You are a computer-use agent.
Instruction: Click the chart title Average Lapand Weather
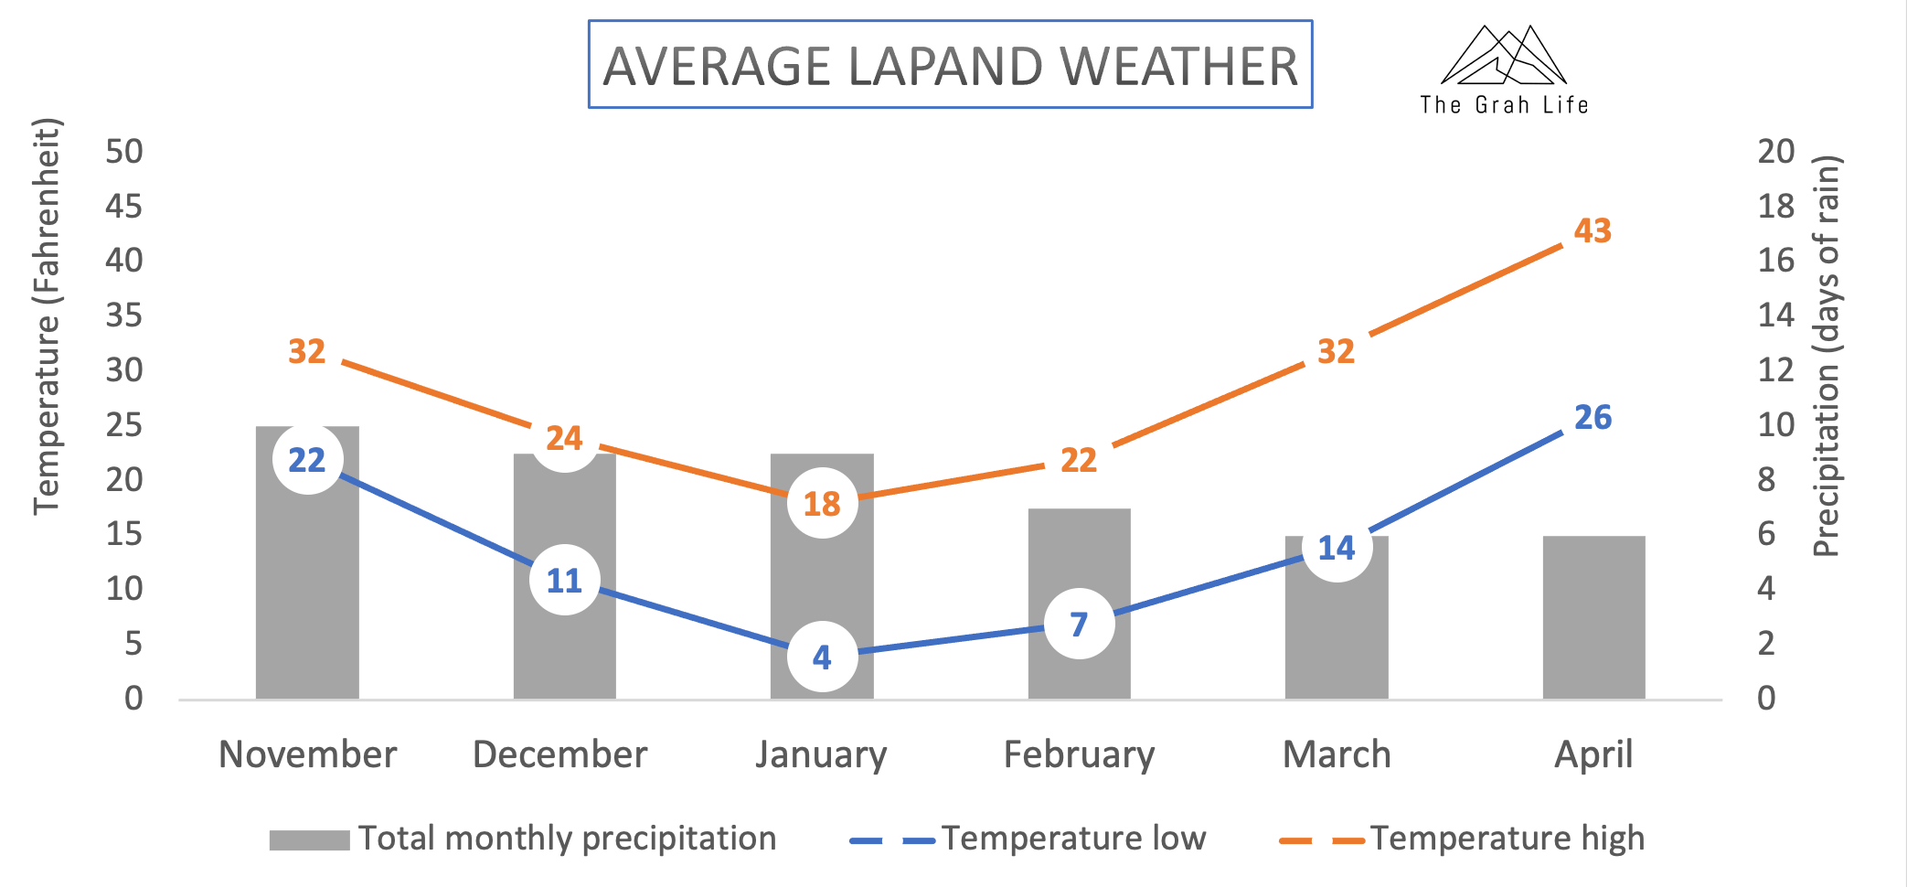950,66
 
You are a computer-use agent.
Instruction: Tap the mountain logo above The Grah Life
1504,57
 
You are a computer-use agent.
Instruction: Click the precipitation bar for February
1079,567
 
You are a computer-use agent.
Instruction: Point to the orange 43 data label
1593,230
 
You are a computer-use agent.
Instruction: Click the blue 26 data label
1593,418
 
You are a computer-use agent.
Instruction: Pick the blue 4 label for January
822,657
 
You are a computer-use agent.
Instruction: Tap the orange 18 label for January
822,504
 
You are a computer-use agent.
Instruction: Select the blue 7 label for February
1079,625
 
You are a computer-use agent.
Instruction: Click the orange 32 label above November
307,351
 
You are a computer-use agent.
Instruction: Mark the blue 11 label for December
564,581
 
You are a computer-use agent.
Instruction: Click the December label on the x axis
559,755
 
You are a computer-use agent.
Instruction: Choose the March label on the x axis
1337,755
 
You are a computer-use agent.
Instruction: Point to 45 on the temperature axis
124,206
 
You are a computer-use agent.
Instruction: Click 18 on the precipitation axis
1776,206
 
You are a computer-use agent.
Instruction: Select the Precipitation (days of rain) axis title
1826,357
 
